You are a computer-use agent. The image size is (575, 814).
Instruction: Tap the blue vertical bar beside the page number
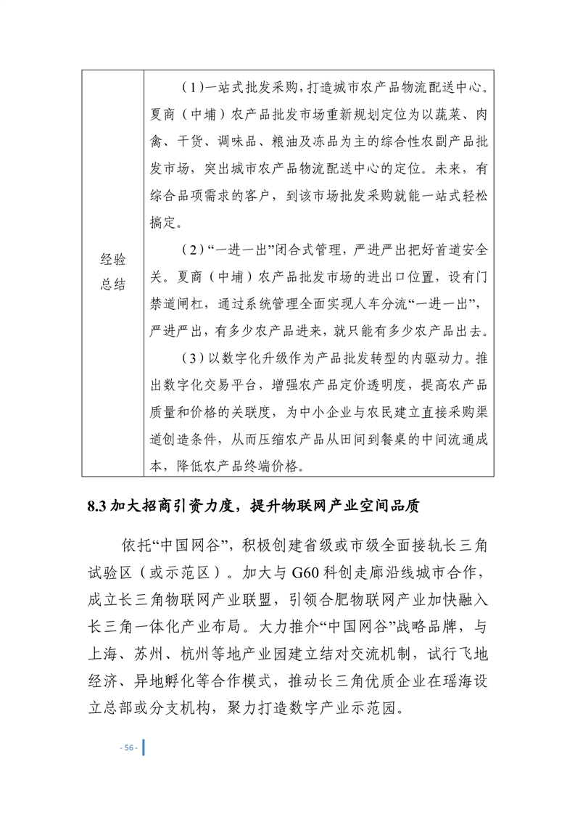tap(143, 747)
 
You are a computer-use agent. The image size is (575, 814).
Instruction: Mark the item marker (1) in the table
tap(189, 89)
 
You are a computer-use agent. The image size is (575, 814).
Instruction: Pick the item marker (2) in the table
tap(189, 251)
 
